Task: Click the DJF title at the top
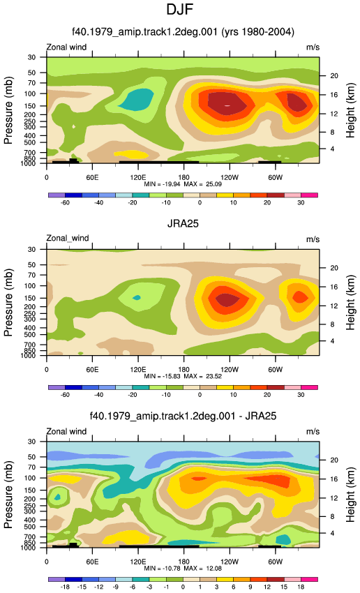point(180,9)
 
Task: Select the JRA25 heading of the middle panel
point(183,223)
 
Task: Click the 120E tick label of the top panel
point(138,177)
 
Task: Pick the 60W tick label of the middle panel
point(276,370)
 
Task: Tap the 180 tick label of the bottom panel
point(183,562)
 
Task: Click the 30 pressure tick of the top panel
point(31,57)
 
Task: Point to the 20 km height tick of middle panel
point(334,268)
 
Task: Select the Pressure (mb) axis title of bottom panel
point(8,495)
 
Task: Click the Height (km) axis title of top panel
point(350,110)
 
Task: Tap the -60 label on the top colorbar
point(65,203)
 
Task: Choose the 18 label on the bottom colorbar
point(301,587)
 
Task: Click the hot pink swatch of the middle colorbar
point(309,387)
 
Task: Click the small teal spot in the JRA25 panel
point(137,298)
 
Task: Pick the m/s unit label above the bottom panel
point(313,432)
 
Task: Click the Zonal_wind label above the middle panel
point(68,239)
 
